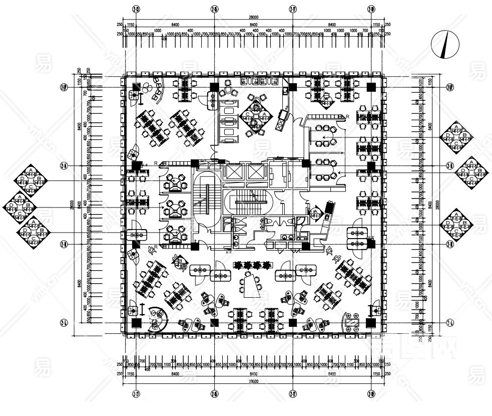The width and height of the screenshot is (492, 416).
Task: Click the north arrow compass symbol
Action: (x=444, y=44)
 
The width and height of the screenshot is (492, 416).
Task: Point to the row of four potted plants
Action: (x=253, y=264)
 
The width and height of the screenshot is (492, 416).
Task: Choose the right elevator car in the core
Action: (x=253, y=172)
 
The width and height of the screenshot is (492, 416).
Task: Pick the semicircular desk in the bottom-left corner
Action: (x=157, y=319)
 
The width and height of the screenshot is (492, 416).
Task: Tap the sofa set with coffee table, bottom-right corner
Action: (x=353, y=321)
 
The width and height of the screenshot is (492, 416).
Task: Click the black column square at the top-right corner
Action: (x=371, y=87)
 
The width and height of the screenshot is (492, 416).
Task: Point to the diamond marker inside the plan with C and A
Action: (x=255, y=115)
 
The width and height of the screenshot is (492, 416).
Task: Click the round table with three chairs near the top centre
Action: (x=232, y=91)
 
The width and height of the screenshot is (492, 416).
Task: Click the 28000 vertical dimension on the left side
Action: (x=73, y=204)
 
